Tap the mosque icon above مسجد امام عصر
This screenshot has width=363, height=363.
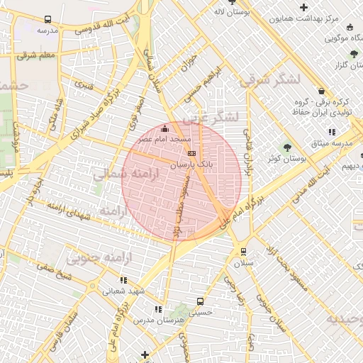pyautogui.click(x=165, y=129)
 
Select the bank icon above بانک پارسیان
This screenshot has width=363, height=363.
pyautogui.click(x=191, y=152)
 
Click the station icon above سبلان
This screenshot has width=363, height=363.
pyautogui.click(x=243, y=251)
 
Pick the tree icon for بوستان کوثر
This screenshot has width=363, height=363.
pyautogui.click(x=287, y=147)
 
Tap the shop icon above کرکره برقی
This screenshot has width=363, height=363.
pyautogui.click(x=322, y=91)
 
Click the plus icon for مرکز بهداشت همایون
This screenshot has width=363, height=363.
pyautogui.click(x=304, y=6)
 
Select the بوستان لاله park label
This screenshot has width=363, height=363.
pyautogui.click(x=230, y=12)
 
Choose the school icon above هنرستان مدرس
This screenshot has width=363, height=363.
pyautogui.click(x=157, y=309)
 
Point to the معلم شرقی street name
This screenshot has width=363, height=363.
pyautogui.click(x=37, y=55)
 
